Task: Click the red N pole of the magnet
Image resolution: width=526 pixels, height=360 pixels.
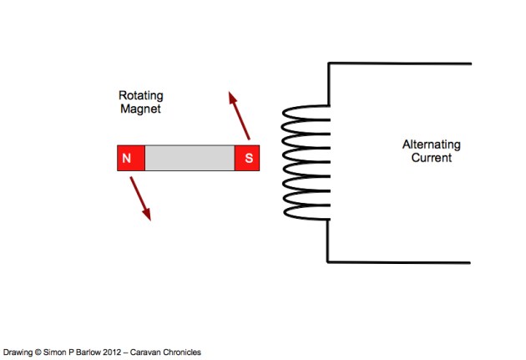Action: pos(130,158)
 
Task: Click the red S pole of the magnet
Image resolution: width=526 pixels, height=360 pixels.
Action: pos(247,158)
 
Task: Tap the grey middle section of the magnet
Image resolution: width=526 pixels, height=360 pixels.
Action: pos(190,158)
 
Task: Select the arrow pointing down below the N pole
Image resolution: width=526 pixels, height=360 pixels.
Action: pos(139,199)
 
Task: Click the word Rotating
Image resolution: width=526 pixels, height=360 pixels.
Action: pos(139,95)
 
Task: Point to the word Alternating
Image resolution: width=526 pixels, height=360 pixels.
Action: pos(431,145)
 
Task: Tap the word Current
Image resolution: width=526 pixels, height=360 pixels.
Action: pos(431,157)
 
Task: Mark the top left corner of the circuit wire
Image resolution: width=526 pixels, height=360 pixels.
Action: pos(329,63)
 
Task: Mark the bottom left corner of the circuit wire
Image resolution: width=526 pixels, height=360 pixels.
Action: pos(329,261)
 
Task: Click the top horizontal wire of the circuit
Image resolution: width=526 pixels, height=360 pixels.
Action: pos(401,63)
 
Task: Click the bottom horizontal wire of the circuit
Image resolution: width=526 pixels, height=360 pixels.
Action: pos(401,261)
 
